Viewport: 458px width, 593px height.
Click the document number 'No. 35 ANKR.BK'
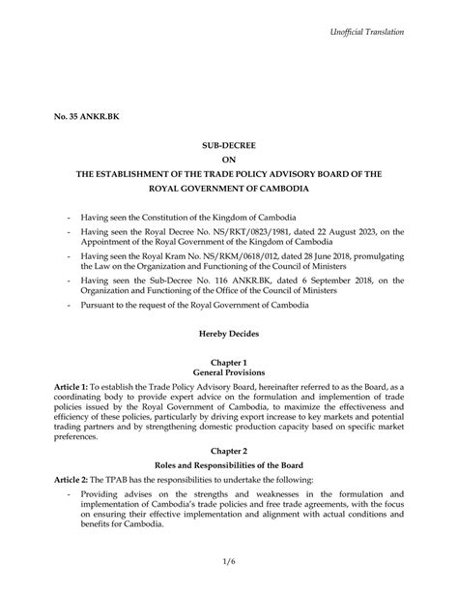[x=86, y=117]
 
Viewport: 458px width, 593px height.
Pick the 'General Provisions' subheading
[x=229, y=372]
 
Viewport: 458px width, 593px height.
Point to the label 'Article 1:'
[x=72, y=386]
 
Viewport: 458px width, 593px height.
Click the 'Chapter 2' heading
[x=229, y=450]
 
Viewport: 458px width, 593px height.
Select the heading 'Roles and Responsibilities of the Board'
[x=229, y=465]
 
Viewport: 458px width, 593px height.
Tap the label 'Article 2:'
[x=72, y=481]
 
